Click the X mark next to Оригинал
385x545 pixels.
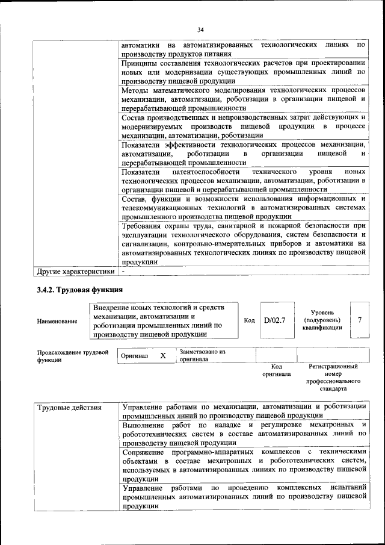[162, 355]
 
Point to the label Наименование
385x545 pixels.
[57, 322]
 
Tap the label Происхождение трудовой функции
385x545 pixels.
[72, 355]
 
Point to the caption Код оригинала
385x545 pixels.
[276, 370]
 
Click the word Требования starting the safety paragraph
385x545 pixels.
[144, 226]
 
